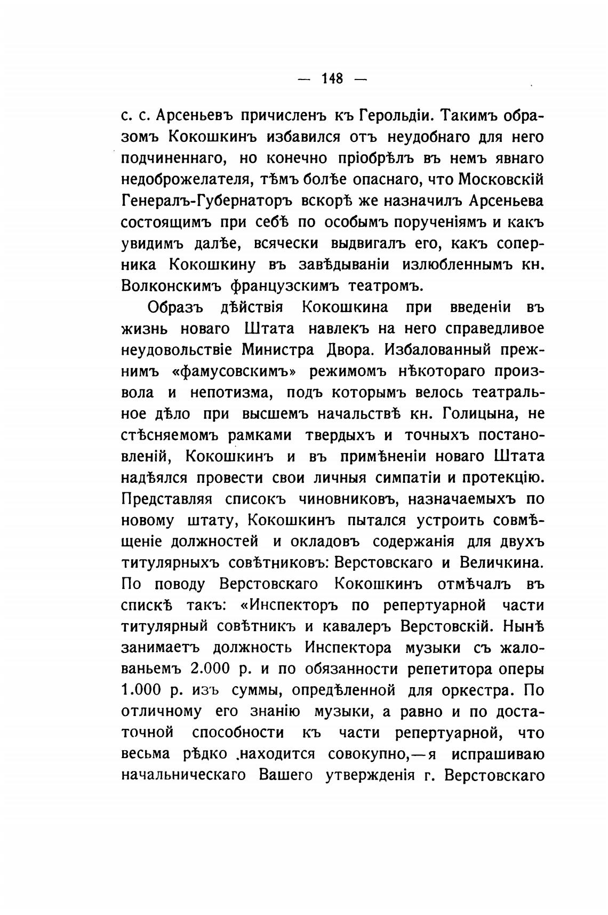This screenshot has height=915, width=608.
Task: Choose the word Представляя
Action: point(167,499)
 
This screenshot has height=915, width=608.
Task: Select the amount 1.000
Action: point(141,690)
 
